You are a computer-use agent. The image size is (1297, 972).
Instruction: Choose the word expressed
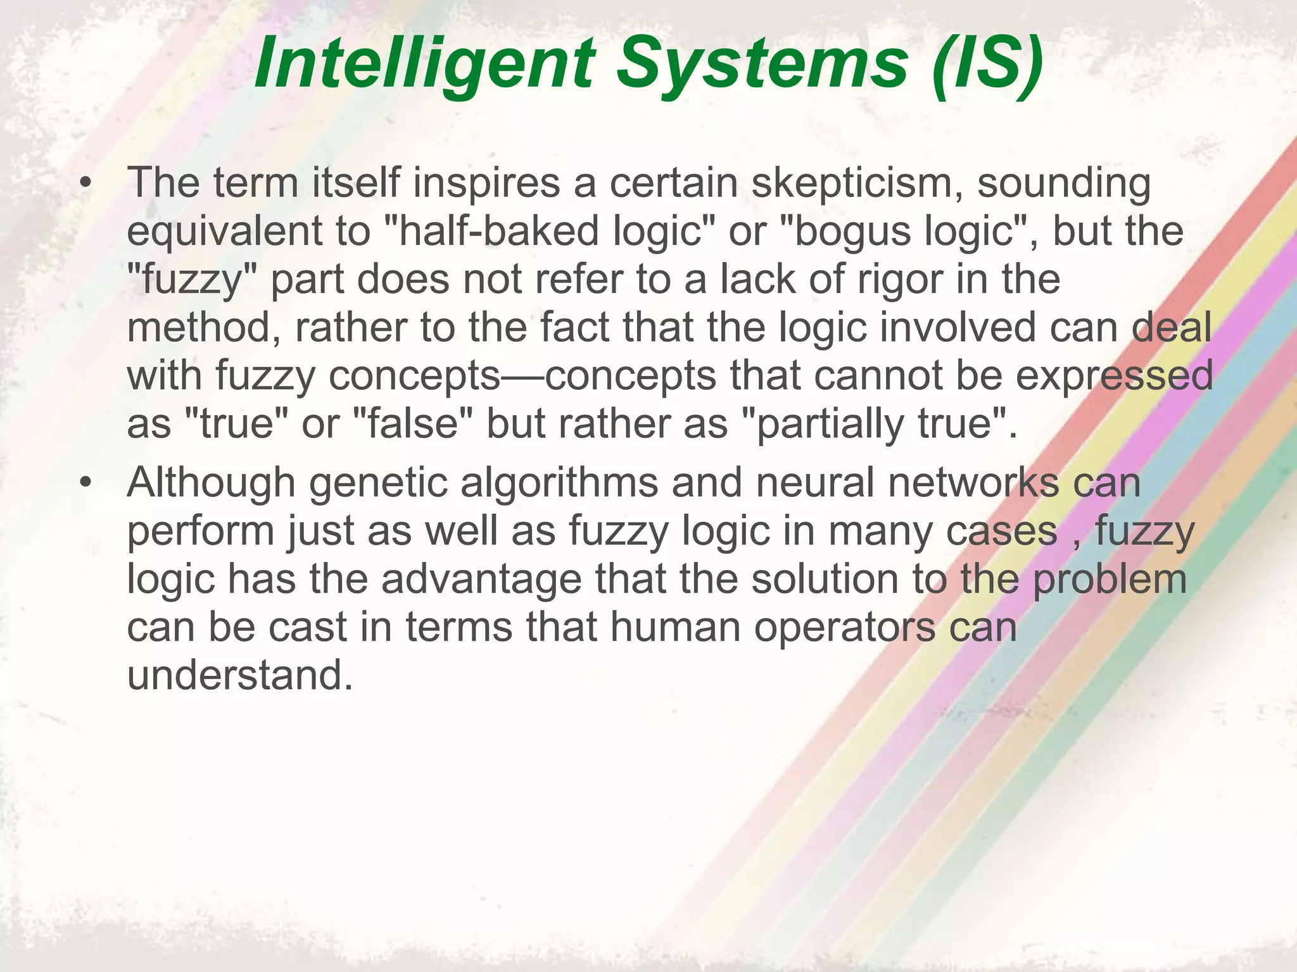click(1114, 375)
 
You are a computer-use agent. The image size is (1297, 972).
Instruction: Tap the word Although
click(212, 483)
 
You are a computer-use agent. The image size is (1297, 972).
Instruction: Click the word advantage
click(481, 579)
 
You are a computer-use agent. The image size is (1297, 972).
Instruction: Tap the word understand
click(239, 675)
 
